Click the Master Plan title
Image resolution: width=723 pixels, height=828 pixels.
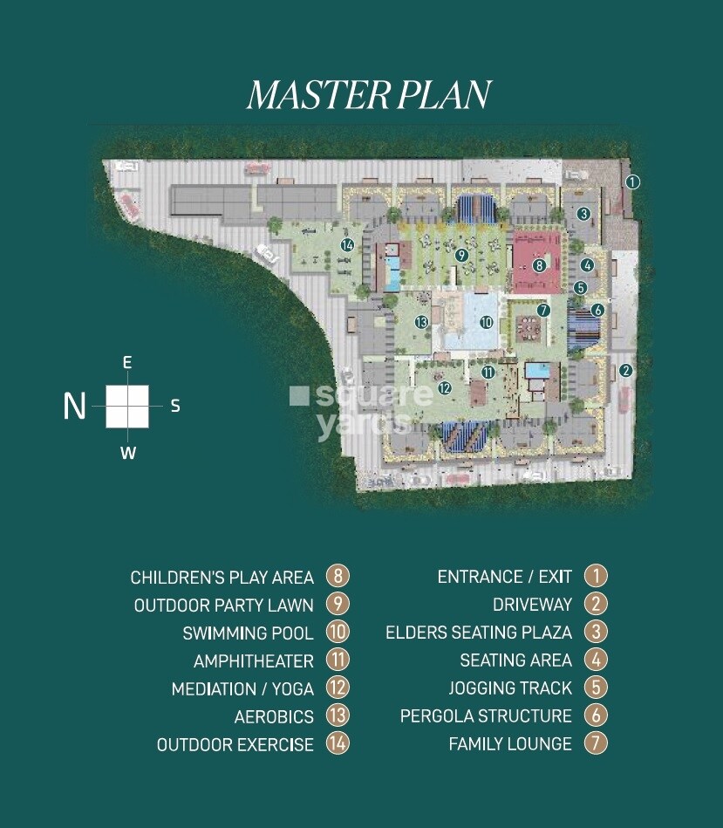(369, 95)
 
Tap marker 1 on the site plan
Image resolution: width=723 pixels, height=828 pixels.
(633, 182)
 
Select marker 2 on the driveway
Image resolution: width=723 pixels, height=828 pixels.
(624, 370)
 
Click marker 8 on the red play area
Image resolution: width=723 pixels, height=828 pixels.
(540, 265)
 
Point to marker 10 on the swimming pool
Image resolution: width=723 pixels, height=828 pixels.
(486, 322)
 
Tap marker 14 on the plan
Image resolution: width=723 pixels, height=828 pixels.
(347, 245)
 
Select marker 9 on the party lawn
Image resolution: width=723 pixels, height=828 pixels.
(461, 255)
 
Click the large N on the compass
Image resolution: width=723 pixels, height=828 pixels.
(75, 406)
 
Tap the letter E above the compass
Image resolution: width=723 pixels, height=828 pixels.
(127, 362)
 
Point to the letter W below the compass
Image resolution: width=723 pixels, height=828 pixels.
(127, 453)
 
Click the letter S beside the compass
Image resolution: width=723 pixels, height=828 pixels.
(175, 406)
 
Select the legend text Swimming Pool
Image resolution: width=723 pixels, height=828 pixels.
(248, 633)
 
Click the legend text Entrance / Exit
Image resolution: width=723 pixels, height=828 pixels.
(504, 577)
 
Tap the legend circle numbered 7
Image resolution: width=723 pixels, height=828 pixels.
(596, 744)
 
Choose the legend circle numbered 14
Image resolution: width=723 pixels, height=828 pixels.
(338, 744)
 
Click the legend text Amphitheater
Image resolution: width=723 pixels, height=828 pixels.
(253, 660)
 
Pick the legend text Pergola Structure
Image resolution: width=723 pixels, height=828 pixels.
(486, 716)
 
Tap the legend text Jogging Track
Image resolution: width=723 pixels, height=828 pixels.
(509, 688)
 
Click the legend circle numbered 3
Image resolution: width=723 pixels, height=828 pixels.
(596, 633)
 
